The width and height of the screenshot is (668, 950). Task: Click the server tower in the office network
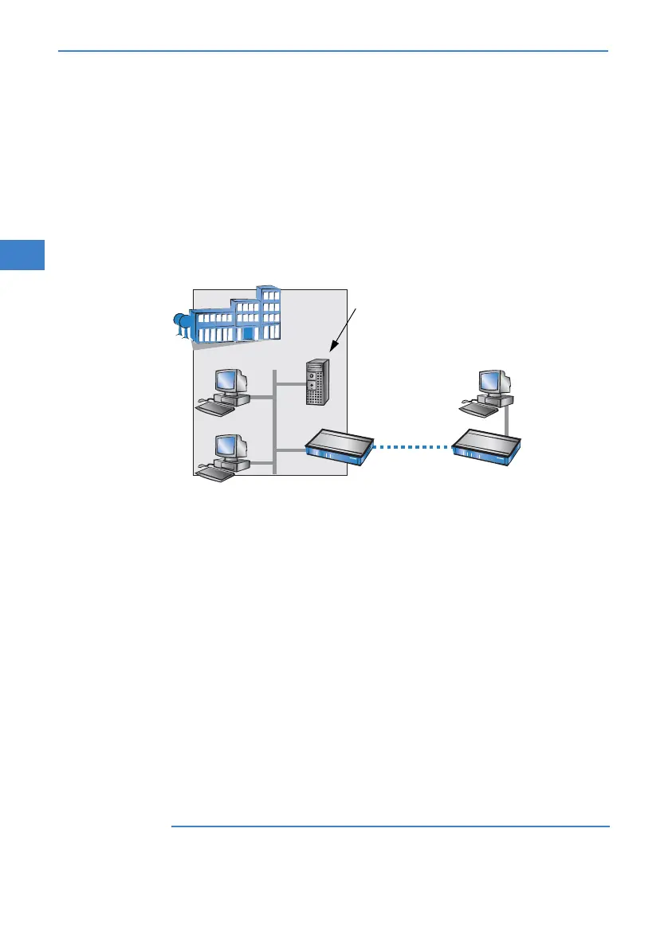tap(316, 383)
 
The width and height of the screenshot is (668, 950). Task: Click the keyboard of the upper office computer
tap(216, 407)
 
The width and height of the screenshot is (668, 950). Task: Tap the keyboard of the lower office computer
tap(216, 473)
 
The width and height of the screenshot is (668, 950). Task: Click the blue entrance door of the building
tap(248, 332)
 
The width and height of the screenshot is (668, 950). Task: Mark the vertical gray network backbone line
tap(274, 422)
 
